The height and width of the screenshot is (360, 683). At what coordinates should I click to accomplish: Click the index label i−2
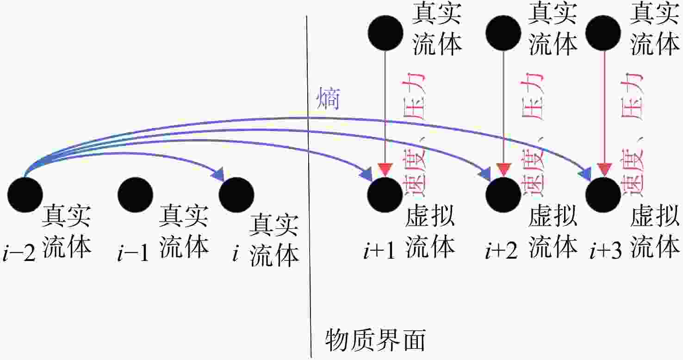tap(19, 253)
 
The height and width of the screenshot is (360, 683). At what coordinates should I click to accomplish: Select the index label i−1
tap(133, 253)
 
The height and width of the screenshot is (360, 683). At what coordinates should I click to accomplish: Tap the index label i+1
tap(379, 251)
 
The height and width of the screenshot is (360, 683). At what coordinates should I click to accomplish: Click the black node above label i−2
tap(25, 195)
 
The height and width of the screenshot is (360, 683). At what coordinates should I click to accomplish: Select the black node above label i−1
tap(136, 195)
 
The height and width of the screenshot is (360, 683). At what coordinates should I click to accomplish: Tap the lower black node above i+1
tap(385, 195)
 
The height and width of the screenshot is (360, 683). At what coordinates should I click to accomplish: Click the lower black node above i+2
tap(503, 195)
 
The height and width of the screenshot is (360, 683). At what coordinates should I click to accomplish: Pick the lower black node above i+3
tap(603, 195)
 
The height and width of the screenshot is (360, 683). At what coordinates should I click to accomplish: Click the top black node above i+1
tap(386, 33)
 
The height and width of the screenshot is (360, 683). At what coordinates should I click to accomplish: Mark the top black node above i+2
tap(503, 33)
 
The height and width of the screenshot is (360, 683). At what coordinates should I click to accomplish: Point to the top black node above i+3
tap(603, 33)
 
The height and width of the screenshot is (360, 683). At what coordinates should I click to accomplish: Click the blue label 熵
tap(328, 98)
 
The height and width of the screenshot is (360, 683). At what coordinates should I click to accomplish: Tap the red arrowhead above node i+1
tap(385, 169)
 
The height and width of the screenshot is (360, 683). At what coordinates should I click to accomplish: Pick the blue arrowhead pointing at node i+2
tap(484, 174)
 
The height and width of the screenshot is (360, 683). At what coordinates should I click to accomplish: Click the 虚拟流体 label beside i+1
tap(430, 231)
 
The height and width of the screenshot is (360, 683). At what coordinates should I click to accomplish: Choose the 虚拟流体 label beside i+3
tap(655, 231)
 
